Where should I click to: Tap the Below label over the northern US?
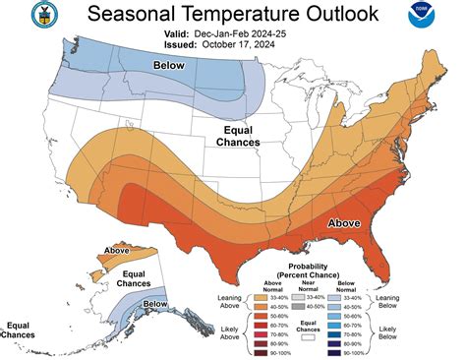[168, 65]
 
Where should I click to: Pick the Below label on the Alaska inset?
[155, 305]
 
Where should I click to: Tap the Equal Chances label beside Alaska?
[107, 278]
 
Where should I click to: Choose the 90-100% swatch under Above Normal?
[265, 352]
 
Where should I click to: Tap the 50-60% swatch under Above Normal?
[265, 315]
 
